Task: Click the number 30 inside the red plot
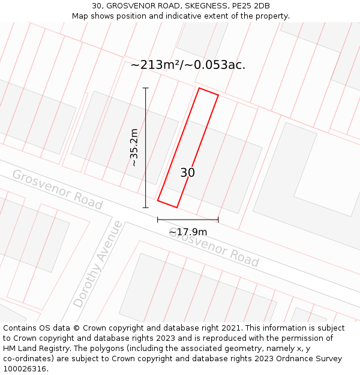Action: (x=187, y=173)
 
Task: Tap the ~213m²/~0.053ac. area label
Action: (x=188, y=65)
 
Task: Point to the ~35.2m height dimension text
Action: (x=134, y=148)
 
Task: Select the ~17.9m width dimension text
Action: (x=188, y=232)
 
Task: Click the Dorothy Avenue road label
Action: (x=97, y=264)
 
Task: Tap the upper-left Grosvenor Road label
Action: (x=57, y=189)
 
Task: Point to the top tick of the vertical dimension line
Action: (x=146, y=88)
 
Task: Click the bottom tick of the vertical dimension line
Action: (x=146, y=208)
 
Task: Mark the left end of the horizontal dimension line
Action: (x=158, y=220)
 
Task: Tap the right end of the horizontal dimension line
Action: (x=218, y=220)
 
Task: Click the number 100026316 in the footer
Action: (x=26, y=369)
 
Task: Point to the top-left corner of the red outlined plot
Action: (x=199, y=88)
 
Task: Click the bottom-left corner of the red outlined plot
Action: (x=158, y=200)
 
